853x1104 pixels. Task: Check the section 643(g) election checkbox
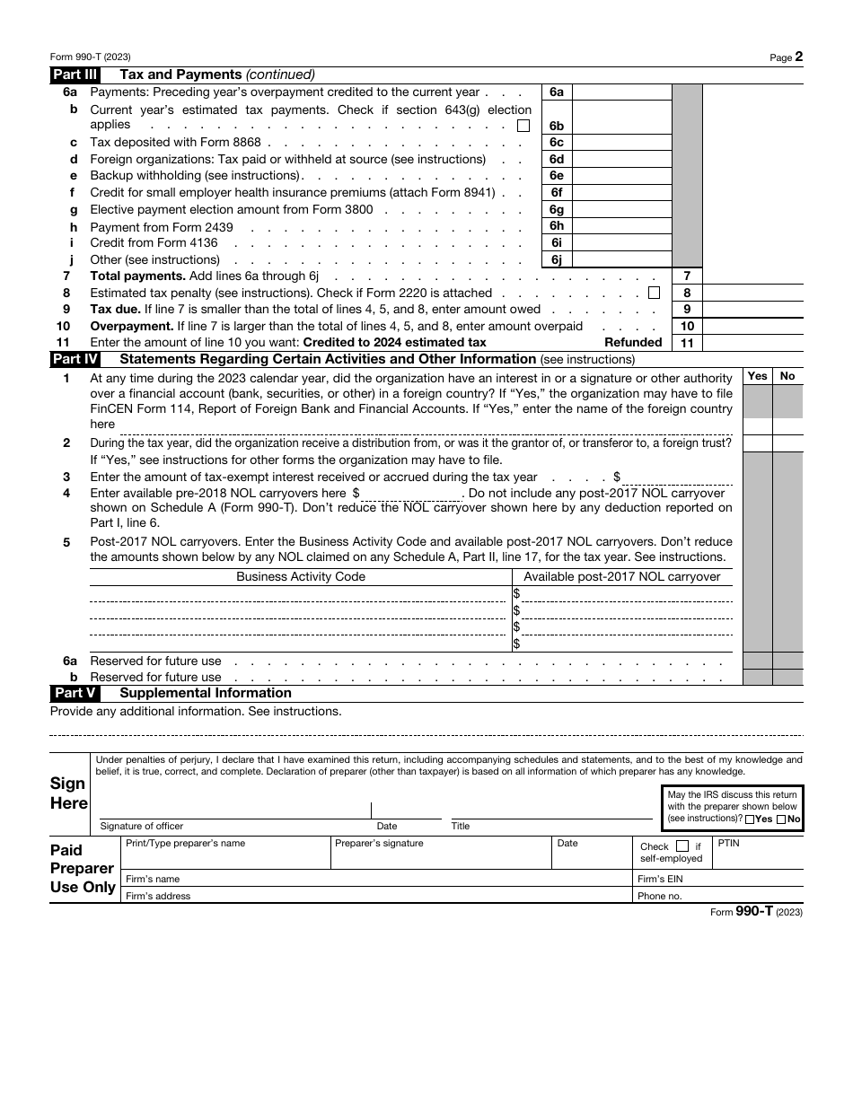(x=523, y=126)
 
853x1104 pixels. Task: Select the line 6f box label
(x=556, y=193)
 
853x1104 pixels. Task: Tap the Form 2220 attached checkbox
(x=654, y=293)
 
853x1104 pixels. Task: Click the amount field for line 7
(x=752, y=276)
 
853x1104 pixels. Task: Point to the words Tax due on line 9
(x=115, y=310)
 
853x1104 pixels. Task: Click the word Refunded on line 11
(x=633, y=343)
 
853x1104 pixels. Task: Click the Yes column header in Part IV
(x=758, y=376)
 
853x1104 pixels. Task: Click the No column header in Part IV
(x=787, y=376)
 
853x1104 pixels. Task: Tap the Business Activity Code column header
(x=301, y=577)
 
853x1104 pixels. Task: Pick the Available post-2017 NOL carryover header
(x=622, y=577)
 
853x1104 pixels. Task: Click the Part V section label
(x=75, y=693)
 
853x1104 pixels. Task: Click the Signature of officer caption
(x=142, y=826)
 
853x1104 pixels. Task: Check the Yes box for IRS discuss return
(x=750, y=819)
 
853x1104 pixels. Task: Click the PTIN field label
(x=729, y=844)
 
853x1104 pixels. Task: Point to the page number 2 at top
(x=798, y=57)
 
